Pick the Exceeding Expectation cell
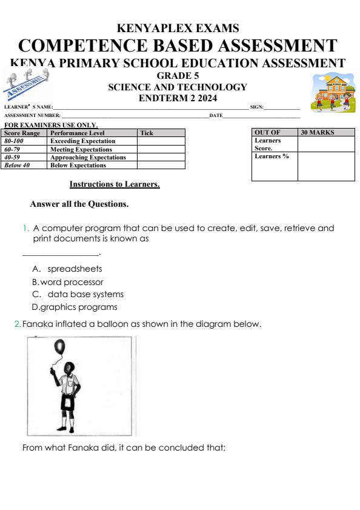tap(92, 141)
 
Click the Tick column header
tap(161, 133)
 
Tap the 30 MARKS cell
tap(326, 132)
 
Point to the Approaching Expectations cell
tap(92, 157)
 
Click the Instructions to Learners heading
tap(115, 184)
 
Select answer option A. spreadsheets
tap(67, 269)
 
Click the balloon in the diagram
tap(59, 347)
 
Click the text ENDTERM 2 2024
tap(178, 98)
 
